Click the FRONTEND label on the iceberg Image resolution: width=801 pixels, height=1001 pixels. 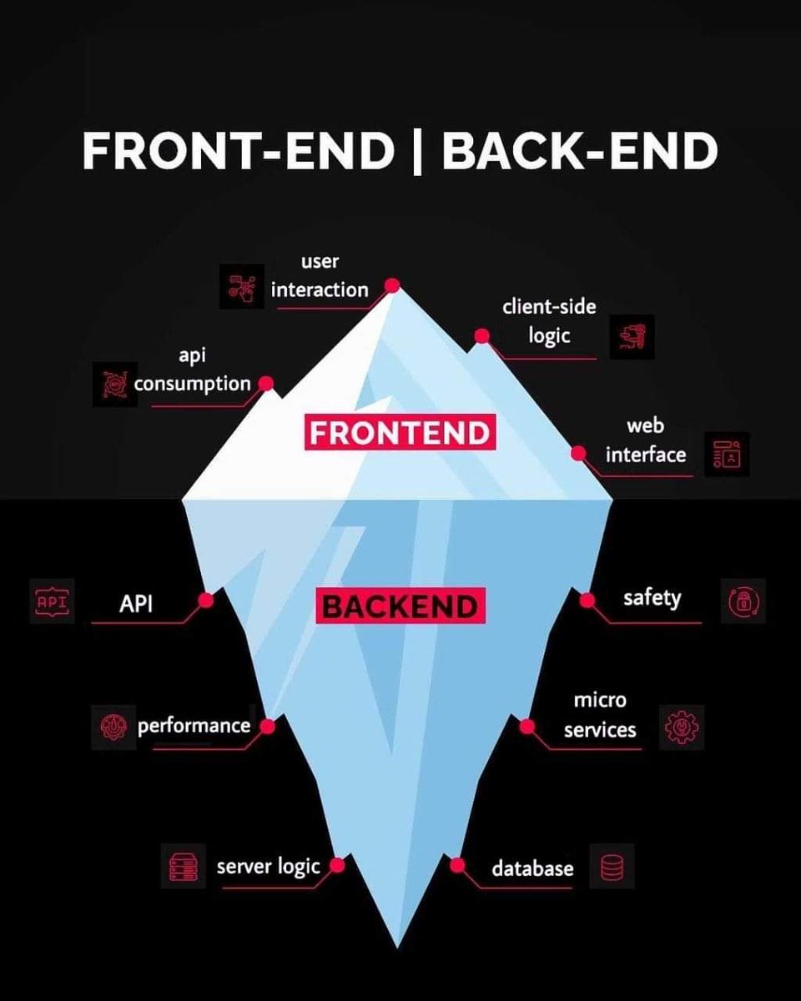pos(399,433)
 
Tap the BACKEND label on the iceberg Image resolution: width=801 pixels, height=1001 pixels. pos(400,606)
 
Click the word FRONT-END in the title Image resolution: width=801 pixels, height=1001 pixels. pos(238,151)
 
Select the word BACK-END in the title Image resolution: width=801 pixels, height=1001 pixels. pos(580,151)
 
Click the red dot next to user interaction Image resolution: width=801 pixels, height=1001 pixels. pos(391,286)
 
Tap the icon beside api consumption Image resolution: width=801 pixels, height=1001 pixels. pos(112,383)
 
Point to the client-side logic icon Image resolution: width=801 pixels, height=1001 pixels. pos(632,337)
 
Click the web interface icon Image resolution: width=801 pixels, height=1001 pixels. pos(726,455)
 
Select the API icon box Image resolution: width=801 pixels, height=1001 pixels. pos(52,601)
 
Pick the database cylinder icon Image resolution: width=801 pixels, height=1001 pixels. pos(612,866)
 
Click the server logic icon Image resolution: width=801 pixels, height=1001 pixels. pos(183,866)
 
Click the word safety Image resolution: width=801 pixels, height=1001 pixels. pos(652,598)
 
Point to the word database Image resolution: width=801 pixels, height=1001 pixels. pos(532,868)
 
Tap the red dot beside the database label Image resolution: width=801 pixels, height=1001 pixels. pos(456,865)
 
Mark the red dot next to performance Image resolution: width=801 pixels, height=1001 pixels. pos(267,727)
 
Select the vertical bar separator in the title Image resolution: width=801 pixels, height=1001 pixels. pos(417,151)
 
